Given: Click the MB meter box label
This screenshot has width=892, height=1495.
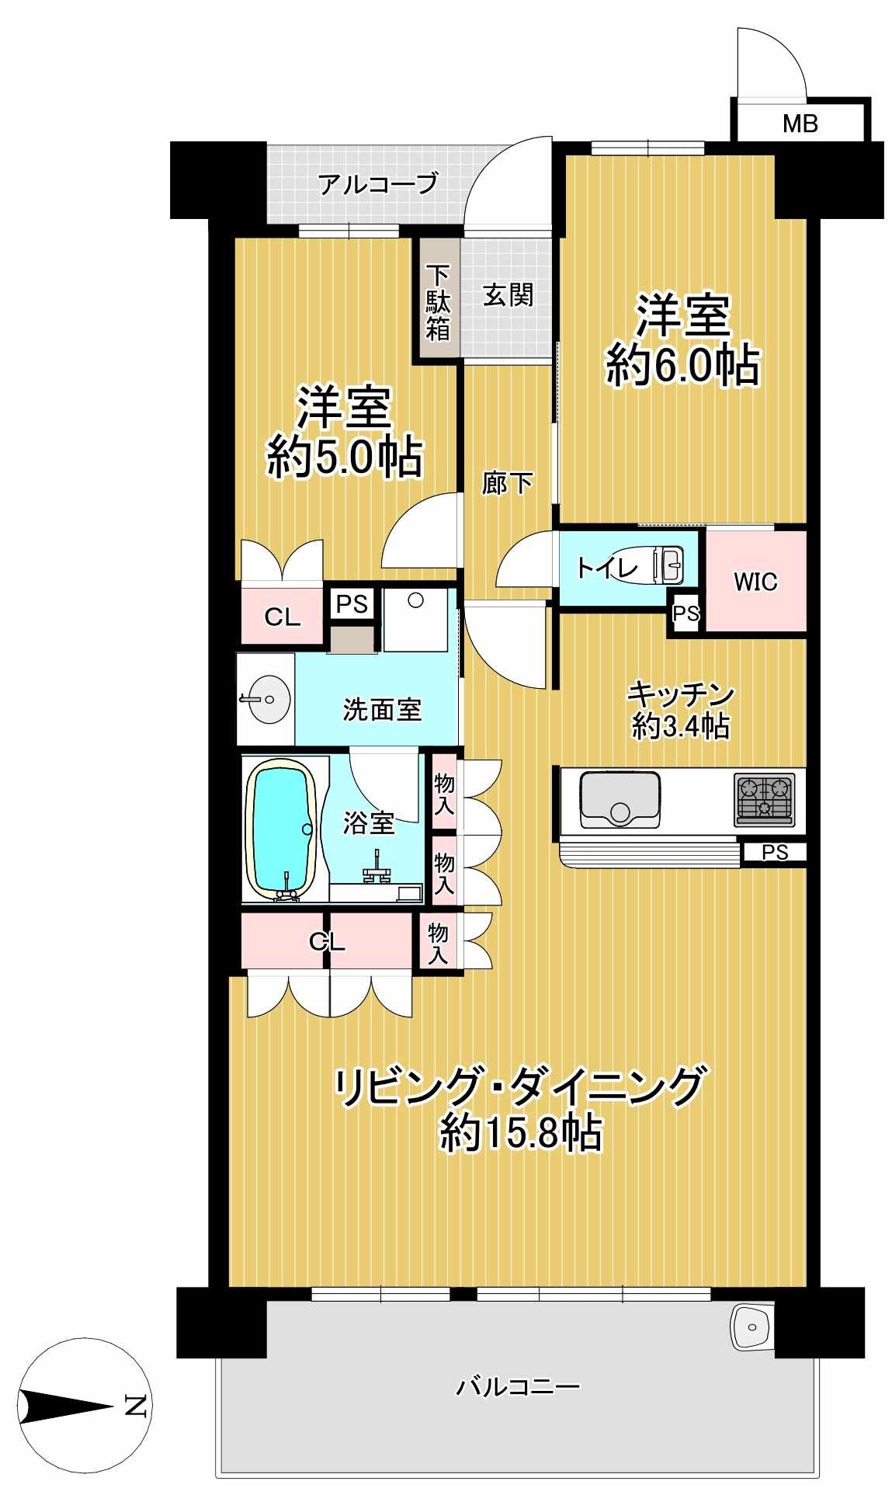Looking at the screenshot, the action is click(x=800, y=123).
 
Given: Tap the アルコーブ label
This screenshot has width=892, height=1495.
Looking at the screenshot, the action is click(x=378, y=185).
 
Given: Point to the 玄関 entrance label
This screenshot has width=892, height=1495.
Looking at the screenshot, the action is click(x=508, y=295).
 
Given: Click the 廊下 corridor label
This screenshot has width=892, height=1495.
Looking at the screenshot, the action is click(x=507, y=483).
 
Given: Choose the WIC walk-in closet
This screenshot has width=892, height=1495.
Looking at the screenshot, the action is click(x=755, y=581).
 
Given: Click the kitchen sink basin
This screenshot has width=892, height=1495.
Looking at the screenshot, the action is click(x=620, y=798).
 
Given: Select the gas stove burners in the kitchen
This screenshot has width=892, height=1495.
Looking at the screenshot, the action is click(x=765, y=799).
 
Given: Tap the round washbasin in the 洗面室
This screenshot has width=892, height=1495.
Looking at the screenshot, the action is click(x=265, y=699).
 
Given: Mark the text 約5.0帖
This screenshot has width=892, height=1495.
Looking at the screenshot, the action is click(x=345, y=457).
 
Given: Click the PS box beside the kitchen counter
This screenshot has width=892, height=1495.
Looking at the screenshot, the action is click(x=774, y=852).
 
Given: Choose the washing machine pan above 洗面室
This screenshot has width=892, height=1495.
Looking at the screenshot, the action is click(x=416, y=619).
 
